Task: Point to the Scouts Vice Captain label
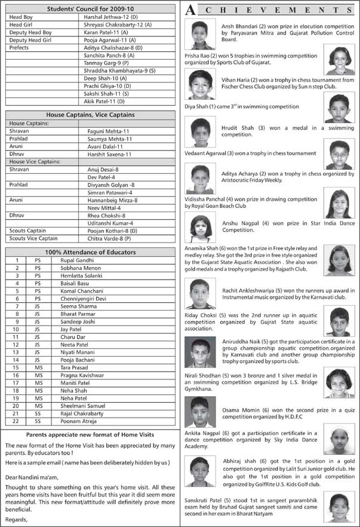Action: tap(33, 238)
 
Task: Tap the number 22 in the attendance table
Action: tap(17, 421)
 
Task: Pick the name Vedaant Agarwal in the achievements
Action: tap(207, 153)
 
